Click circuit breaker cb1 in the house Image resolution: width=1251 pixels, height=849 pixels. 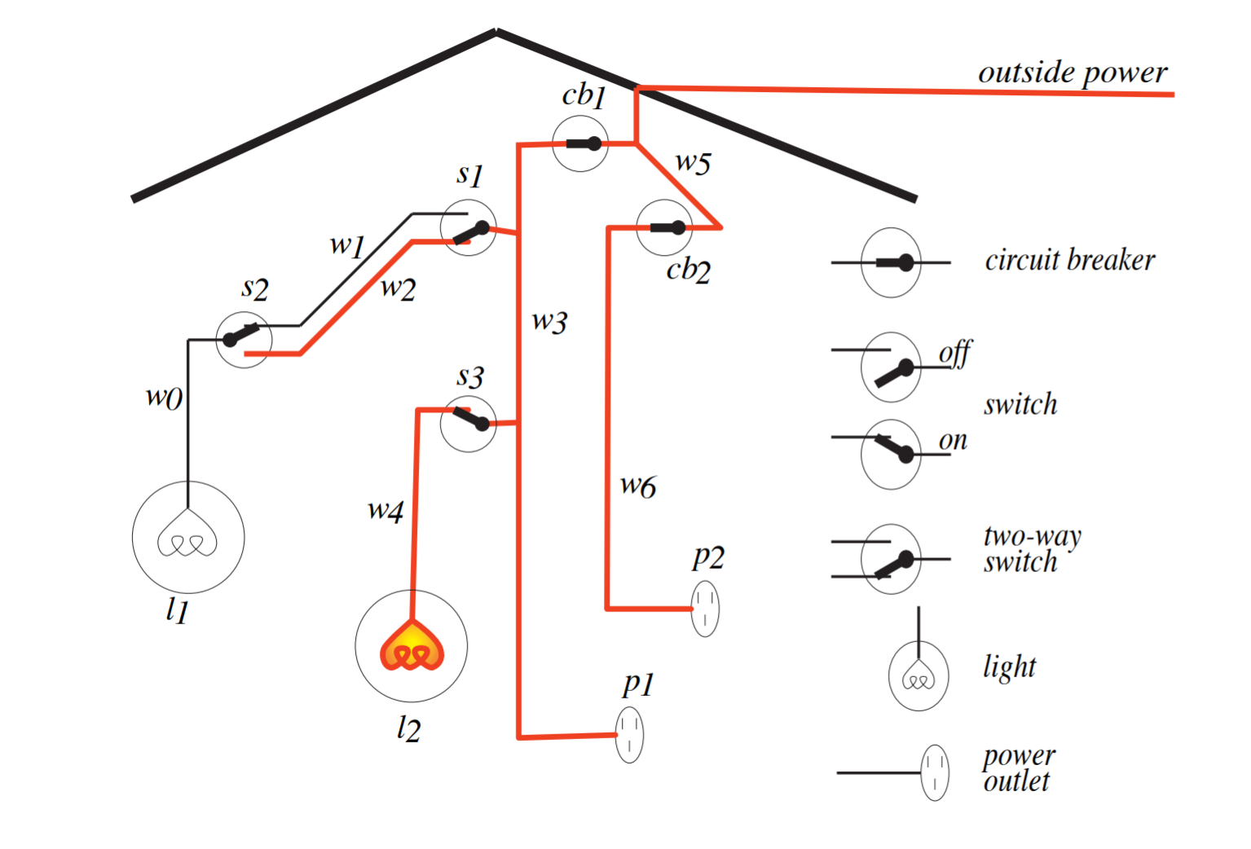(580, 143)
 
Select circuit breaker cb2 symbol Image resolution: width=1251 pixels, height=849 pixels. (664, 227)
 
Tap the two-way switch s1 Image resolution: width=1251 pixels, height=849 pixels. (468, 228)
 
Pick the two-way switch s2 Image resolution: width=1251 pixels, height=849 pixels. (244, 339)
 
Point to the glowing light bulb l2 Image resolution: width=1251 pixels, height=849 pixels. (412, 646)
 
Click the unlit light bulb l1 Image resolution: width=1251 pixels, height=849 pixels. (188, 537)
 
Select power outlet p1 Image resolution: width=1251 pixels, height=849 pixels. (629, 735)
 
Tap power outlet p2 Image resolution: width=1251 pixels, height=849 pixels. (705, 608)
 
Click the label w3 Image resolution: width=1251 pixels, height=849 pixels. (549, 322)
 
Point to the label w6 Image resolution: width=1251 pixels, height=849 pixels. (637, 486)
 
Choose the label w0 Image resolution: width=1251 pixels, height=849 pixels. (164, 398)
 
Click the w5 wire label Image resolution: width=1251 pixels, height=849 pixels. (694, 163)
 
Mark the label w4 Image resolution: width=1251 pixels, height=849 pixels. (385, 511)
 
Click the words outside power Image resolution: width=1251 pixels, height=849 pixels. (1073, 73)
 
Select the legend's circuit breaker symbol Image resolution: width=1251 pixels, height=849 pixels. (892, 262)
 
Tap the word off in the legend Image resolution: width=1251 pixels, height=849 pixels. (955, 354)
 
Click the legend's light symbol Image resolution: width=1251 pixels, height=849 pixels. (918, 675)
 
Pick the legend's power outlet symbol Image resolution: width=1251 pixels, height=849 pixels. (934, 772)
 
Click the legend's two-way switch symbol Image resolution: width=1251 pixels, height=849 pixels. (892, 559)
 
